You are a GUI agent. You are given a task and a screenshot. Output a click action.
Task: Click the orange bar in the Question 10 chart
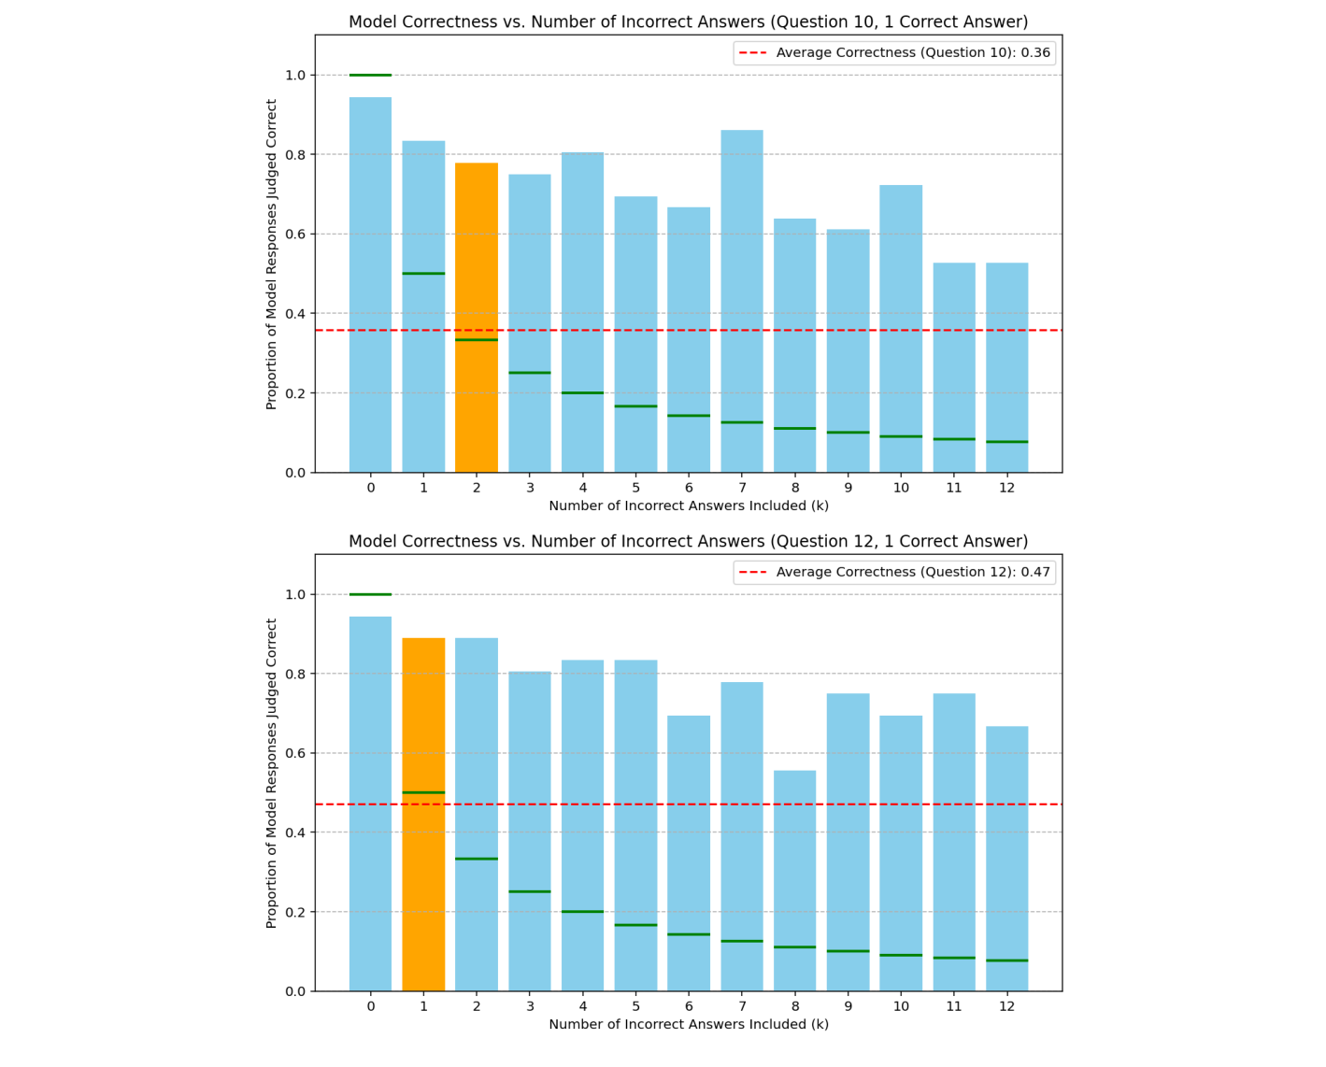pos(476,318)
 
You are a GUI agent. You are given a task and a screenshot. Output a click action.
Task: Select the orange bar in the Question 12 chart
pos(423,813)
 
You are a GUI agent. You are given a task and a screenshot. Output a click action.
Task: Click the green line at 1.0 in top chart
pos(370,75)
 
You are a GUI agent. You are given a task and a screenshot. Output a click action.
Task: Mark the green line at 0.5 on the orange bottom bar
pos(423,792)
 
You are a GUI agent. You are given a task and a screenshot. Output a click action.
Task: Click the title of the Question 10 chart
pos(688,21)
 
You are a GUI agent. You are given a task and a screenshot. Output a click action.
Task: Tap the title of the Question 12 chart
pos(688,541)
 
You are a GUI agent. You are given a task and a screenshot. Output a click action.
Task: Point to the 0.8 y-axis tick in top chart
pos(295,154)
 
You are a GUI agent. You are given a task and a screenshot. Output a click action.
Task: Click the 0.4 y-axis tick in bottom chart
pos(295,832)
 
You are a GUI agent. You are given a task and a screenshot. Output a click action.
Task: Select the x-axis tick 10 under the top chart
pos(900,488)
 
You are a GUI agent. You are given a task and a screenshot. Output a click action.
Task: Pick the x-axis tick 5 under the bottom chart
pos(635,1006)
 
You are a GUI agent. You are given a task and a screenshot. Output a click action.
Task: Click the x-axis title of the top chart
pos(688,505)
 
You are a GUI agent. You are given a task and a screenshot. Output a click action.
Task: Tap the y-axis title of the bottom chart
pos(272,773)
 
